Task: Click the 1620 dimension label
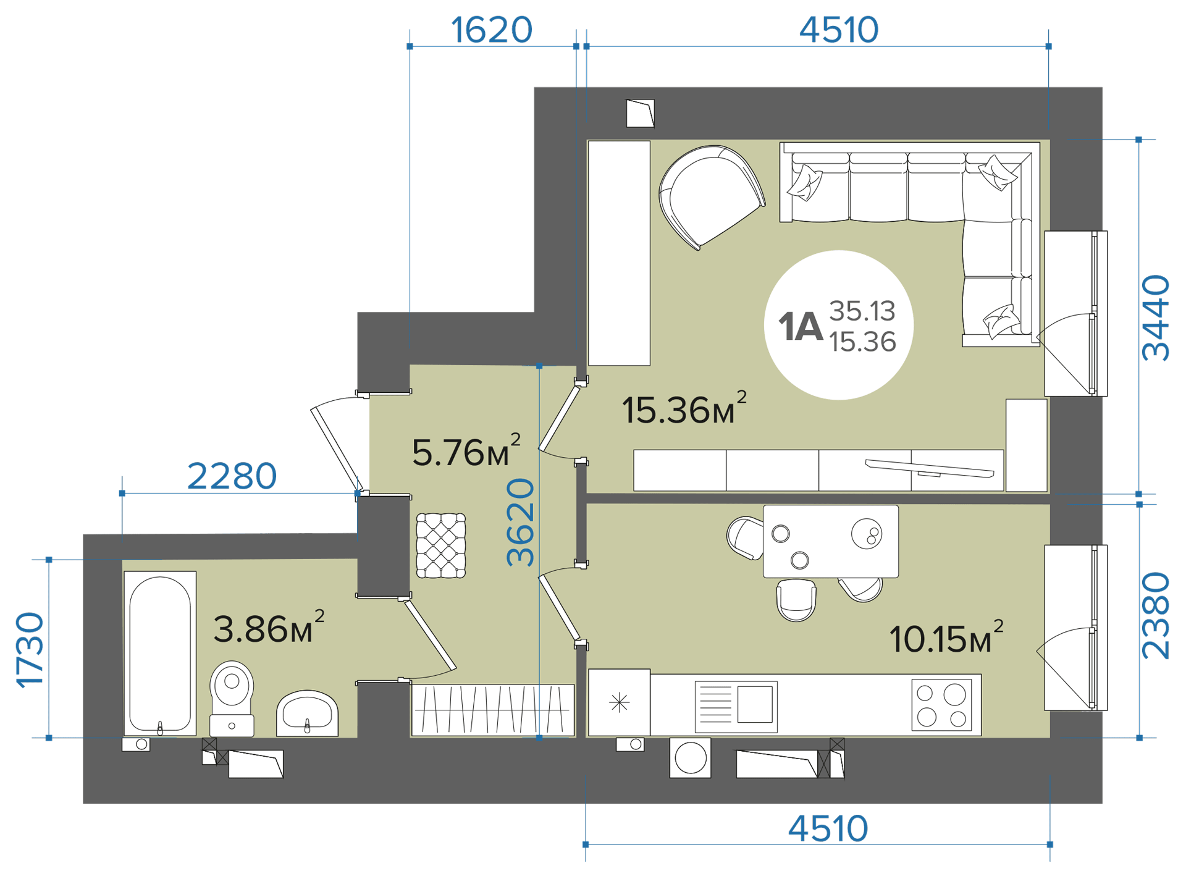pyautogui.click(x=491, y=29)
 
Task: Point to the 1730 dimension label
pyautogui.click(x=30, y=649)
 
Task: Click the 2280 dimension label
pyautogui.click(x=232, y=476)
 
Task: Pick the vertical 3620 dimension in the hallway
pyautogui.click(x=520, y=522)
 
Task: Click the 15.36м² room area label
pyautogui.click(x=684, y=408)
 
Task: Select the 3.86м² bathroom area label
pyautogui.click(x=269, y=627)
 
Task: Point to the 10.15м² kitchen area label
pyautogui.click(x=946, y=637)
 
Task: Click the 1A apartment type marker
pyautogui.click(x=801, y=326)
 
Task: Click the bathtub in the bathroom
pyautogui.click(x=160, y=653)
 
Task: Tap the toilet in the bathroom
pyautogui.click(x=232, y=699)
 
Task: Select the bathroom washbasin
pyautogui.click(x=307, y=713)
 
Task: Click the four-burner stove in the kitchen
pyautogui.click(x=941, y=704)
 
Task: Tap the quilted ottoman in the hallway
pyautogui.click(x=440, y=545)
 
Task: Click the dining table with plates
pyautogui.click(x=831, y=541)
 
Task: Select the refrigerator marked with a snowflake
pyautogui.click(x=619, y=702)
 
